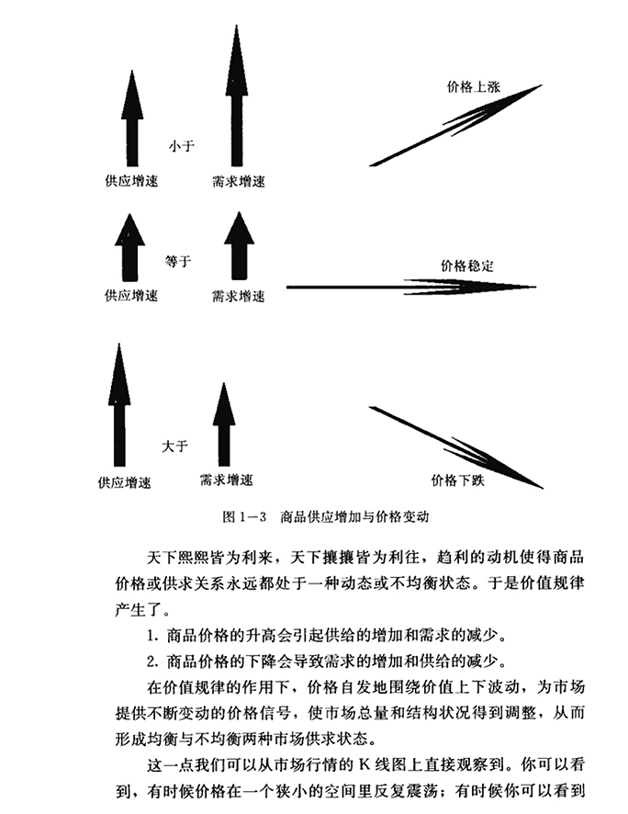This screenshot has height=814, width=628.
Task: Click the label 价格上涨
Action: pyautogui.click(x=475, y=85)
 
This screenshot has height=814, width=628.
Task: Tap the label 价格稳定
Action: pyautogui.click(x=467, y=266)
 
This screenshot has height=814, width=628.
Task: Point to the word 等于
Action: pyautogui.click(x=178, y=262)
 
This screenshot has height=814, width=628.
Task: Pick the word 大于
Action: pyautogui.click(x=174, y=446)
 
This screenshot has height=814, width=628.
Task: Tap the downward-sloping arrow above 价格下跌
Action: pyautogui.click(x=455, y=447)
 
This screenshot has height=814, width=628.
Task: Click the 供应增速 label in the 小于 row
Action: pyautogui.click(x=130, y=182)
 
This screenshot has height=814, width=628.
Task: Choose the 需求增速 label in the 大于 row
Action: pyautogui.click(x=225, y=480)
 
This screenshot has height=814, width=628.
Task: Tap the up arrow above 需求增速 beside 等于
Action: pyautogui.click(x=239, y=245)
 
